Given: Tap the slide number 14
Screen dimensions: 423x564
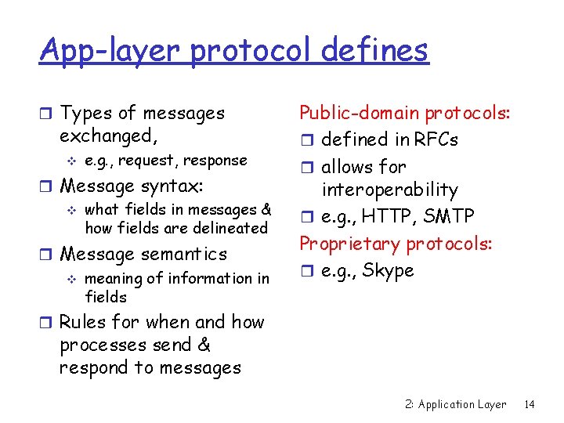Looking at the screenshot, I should (x=529, y=404).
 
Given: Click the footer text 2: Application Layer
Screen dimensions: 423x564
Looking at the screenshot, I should (x=456, y=404).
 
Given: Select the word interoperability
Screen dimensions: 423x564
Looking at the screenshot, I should (x=389, y=190).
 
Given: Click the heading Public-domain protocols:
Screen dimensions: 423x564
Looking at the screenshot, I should (x=406, y=114).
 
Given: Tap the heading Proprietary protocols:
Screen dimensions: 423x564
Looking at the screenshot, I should (x=396, y=244).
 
